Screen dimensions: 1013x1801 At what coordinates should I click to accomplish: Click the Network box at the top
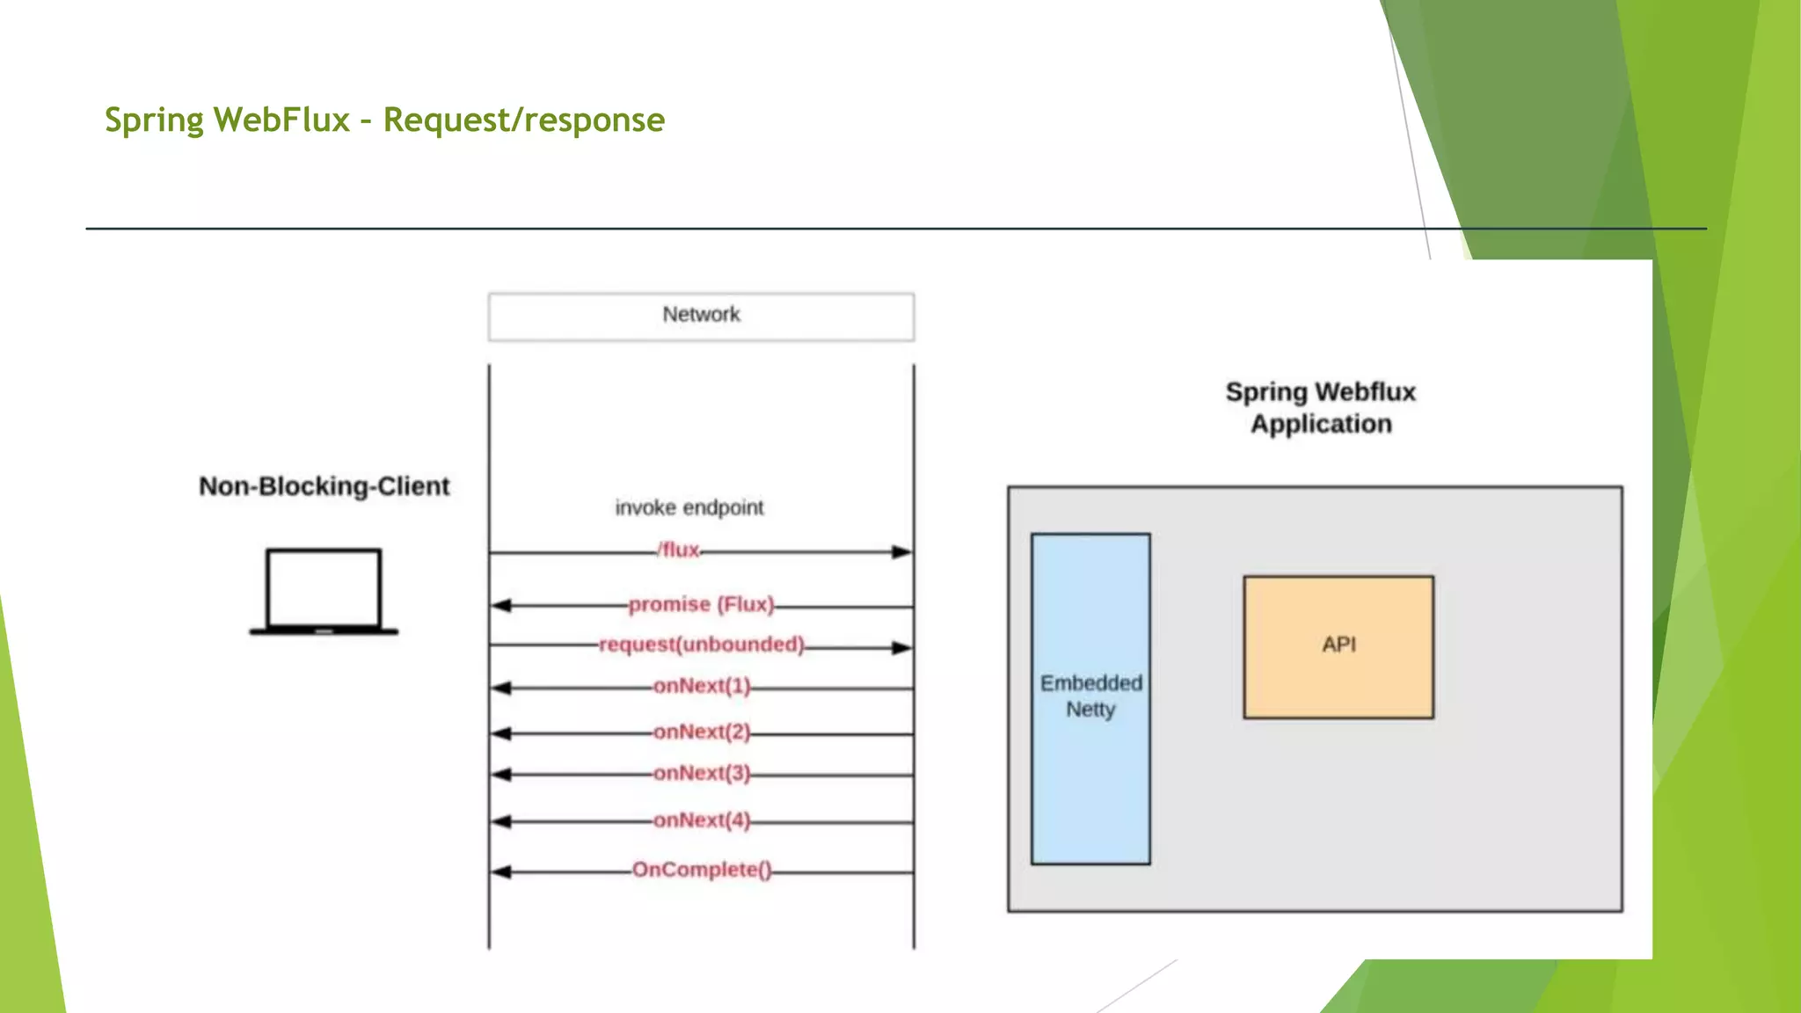[x=701, y=316]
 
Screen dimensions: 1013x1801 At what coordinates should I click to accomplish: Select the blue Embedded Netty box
[x=1090, y=698]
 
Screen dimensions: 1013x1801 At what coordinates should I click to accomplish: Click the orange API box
[x=1338, y=646]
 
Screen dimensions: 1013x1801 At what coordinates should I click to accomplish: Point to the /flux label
[x=679, y=550]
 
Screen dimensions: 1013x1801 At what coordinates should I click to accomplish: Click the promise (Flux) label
[x=701, y=605]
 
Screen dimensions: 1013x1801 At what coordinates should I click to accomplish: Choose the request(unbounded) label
[x=701, y=645]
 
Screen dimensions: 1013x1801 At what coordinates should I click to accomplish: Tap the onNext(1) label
[x=701, y=686]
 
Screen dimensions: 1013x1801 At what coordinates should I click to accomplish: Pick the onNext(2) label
[x=701, y=732]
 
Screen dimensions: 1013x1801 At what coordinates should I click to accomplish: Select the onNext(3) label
[x=701, y=773]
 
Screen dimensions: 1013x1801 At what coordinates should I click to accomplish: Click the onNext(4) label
[x=701, y=820]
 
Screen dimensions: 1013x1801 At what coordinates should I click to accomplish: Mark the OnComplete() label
[x=701, y=870]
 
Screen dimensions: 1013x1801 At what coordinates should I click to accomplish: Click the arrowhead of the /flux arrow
[x=902, y=552]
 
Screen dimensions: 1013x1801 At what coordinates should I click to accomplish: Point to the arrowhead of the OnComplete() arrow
[x=501, y=872]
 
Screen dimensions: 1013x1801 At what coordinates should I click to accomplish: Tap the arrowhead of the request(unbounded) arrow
[x=902, y=648]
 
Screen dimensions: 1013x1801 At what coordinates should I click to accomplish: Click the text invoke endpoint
[x=689, y=507]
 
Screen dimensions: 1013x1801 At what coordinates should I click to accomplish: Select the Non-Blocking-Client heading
[x=324, y=486]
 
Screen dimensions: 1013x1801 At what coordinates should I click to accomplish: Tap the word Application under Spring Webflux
[x=1321, y=424]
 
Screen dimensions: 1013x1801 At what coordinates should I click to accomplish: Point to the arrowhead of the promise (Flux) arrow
[x=501, y=606]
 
